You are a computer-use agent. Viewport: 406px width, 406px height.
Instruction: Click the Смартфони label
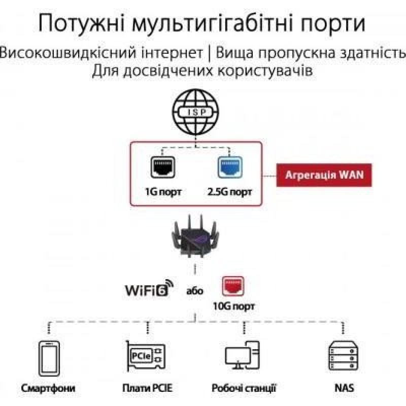pos(48,389)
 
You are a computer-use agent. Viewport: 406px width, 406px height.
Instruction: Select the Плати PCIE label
pos(147,389)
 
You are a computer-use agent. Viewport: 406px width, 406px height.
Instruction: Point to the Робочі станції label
pos(244,389)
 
